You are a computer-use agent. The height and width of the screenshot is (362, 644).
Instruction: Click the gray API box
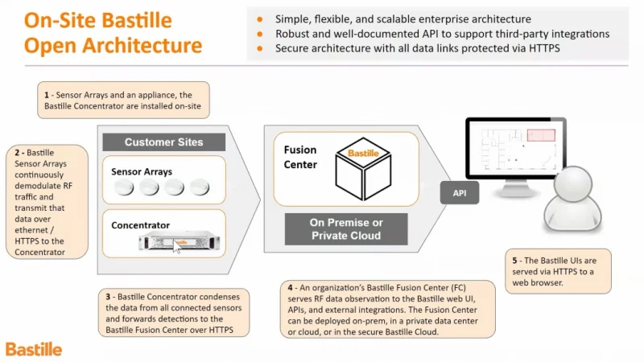460,193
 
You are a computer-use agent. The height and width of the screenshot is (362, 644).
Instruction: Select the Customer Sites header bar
163,142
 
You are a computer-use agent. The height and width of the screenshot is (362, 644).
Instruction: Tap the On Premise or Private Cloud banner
346,228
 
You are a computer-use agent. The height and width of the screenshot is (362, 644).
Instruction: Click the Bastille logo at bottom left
33,349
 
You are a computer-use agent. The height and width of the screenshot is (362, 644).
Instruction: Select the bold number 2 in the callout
19,152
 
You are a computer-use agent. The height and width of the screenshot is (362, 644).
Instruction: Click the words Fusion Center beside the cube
300,157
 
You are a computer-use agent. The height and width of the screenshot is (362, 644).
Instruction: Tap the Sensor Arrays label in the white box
142,171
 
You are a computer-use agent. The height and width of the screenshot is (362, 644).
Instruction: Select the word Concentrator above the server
141,225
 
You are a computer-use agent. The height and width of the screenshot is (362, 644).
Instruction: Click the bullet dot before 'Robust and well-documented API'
258,34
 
